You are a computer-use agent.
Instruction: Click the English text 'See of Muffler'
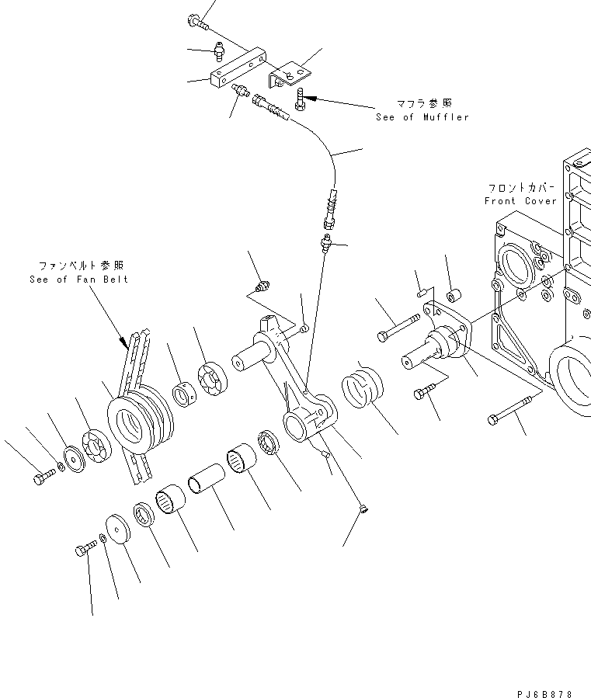[x=422, y=117]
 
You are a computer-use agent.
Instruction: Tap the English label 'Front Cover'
[x=520, y=201]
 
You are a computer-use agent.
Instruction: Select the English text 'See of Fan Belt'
[x=78, y=280]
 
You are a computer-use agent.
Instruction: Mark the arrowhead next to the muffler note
[x=309, y=98]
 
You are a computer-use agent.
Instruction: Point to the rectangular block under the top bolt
[x=236, y=69]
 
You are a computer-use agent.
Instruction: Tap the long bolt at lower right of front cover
[x=511, y=410]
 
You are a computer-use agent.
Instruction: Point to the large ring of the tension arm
[x=299, y=427]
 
